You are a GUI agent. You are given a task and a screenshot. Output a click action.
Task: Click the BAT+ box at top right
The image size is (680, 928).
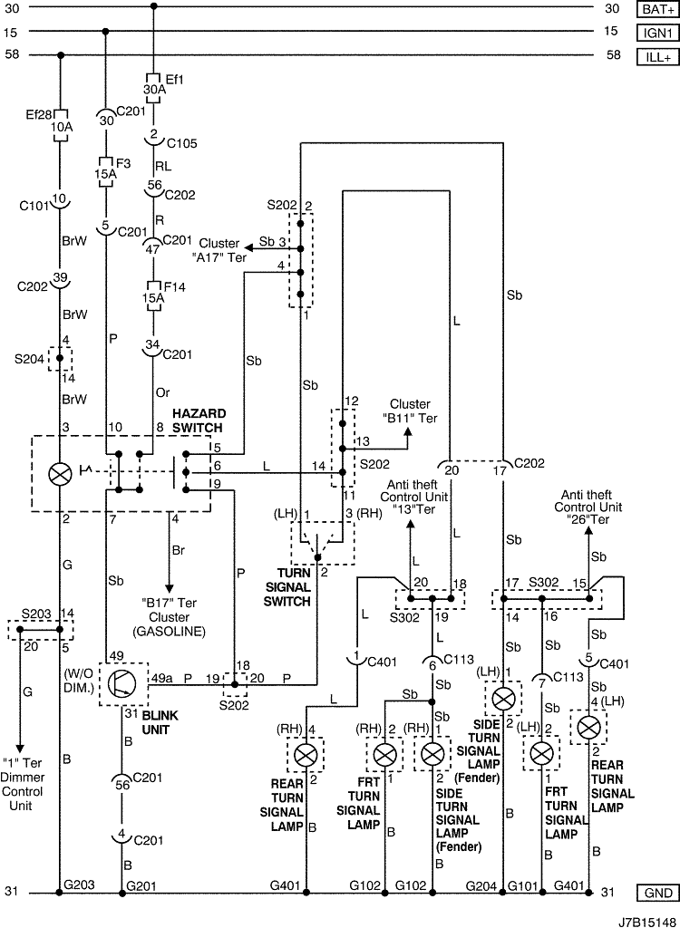coord(657,9)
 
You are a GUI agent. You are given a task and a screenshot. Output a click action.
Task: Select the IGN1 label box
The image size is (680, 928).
coord(657,33)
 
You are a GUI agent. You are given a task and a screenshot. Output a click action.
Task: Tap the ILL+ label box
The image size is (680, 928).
coord(657,57)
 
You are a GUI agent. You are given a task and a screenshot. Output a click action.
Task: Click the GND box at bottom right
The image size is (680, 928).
coord(657,893)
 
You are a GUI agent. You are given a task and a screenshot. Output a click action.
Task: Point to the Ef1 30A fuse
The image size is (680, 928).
coord(153,89)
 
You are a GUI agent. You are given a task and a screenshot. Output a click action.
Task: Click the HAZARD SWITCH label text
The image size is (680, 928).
coord(199,420)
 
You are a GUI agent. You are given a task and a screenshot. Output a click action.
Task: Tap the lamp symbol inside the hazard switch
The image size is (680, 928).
coord(59,474)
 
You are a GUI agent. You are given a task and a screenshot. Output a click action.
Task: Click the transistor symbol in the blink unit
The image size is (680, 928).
coord(122,684)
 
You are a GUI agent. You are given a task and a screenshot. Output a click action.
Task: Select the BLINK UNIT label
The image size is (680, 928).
coord(160,722)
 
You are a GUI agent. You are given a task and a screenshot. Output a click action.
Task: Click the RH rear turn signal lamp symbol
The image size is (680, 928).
coord(306,755)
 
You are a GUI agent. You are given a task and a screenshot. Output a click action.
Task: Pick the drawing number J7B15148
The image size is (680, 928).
coord(648,922)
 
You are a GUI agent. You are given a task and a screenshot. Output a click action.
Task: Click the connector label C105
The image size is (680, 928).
coord(182,143)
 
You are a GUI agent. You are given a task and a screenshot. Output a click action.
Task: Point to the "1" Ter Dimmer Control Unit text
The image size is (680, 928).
coord(22,784)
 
